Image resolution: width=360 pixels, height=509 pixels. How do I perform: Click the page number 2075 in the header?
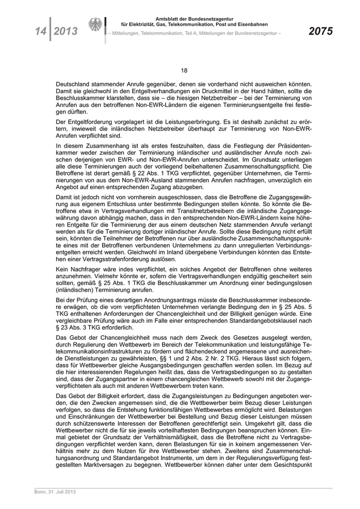(320, 31)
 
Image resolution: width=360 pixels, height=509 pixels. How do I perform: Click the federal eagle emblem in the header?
(96, 26)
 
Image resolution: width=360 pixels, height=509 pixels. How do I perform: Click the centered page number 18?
(184, 71)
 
